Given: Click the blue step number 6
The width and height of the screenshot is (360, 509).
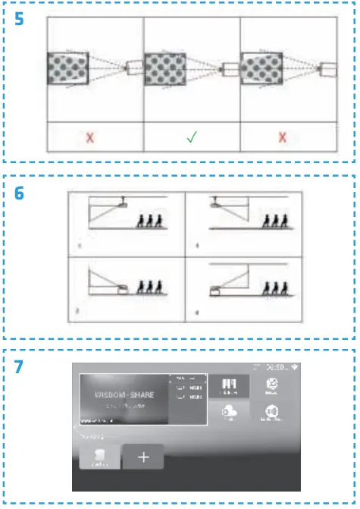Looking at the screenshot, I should (18, 195).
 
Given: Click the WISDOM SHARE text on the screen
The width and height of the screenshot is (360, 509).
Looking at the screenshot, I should (124, 396).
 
